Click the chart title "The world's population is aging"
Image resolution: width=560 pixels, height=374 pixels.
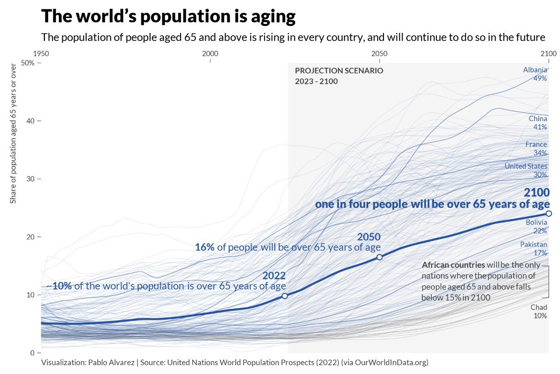tap(168, 17)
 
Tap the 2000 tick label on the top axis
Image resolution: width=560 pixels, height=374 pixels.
tap(210, 53)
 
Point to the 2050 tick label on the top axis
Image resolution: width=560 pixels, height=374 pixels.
tap(379, 53)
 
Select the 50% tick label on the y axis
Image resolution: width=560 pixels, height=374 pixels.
tap(28, 63)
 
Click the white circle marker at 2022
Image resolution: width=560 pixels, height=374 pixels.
tap(284, 296)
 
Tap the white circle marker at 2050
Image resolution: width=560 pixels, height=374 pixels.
tap(379, 257)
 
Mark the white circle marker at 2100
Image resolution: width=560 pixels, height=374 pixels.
tap(548, 213)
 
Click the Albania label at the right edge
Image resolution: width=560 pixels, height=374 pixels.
tap(535, 70)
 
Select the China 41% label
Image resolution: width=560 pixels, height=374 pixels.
tap(538, 123)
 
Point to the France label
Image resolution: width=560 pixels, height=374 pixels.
tap(536, 144)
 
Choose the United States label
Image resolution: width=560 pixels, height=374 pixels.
tap(526, 166)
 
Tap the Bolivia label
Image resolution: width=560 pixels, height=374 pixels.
tap(536, 223)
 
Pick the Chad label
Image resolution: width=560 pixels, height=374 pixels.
tap(539, 307)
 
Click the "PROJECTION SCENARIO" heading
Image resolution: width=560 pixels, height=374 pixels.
tap(339, 71)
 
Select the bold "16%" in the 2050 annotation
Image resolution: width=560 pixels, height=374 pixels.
tap(204, 247)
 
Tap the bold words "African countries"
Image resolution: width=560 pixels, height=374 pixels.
tap(453, 265)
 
